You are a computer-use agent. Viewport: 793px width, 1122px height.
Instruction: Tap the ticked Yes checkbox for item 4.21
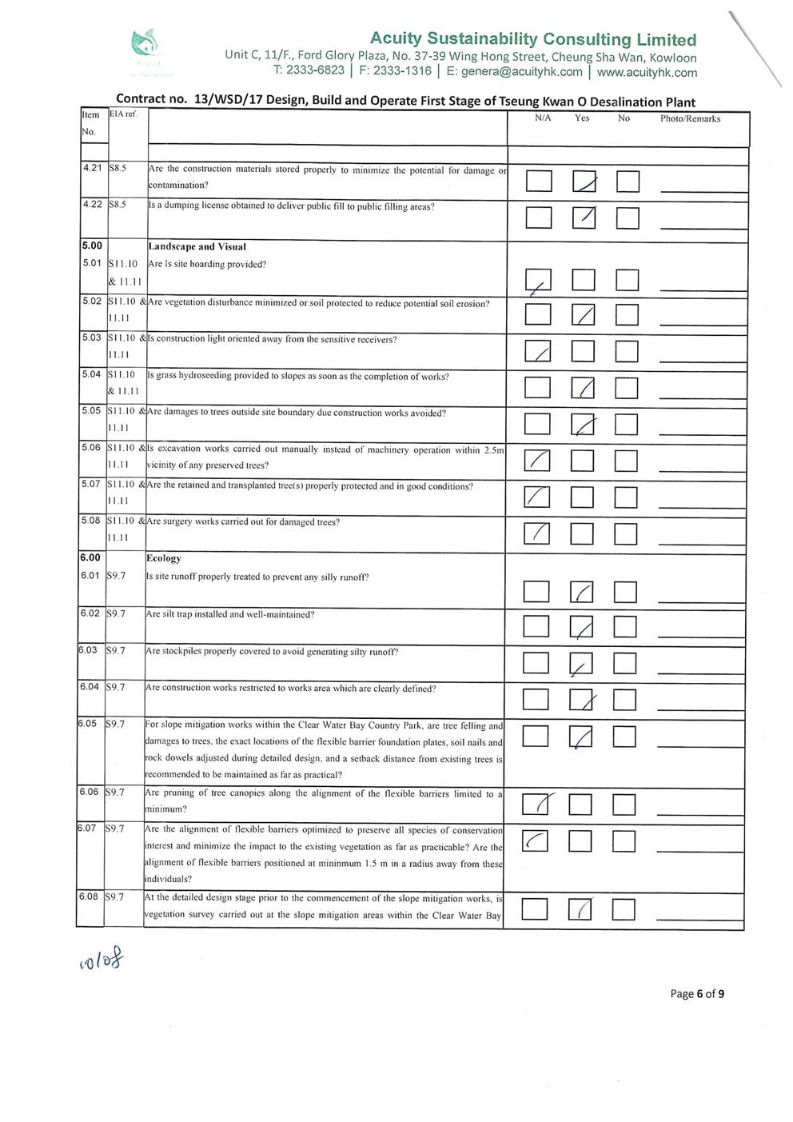[x=584, y=182]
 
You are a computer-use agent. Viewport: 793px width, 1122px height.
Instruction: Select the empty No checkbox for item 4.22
[x=628, y=218]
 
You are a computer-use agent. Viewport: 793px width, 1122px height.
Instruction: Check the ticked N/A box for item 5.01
[x=539, y=281]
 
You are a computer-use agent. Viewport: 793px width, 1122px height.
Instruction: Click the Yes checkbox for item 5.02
[x=584, y=315]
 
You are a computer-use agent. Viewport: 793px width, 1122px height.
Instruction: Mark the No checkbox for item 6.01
[x=625, y=592]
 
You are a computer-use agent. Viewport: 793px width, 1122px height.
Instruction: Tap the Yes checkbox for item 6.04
[x=581, y=700]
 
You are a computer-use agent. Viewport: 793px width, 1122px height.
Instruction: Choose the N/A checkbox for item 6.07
[x=534, y=841]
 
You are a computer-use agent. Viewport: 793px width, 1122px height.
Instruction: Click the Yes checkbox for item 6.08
[x=580, y=909]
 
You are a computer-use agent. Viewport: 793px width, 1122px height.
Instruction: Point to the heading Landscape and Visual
[x=197, y=247]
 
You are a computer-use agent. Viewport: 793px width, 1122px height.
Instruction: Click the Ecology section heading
[x=163, y=558]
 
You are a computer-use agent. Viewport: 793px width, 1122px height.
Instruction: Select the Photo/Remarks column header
[x=690, y=119]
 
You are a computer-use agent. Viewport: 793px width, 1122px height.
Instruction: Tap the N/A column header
[x=543, y=118]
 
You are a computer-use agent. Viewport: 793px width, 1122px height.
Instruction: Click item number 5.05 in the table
[x=91, y=411]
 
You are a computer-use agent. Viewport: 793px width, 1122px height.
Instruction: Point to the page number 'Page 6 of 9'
[x=697, y=994]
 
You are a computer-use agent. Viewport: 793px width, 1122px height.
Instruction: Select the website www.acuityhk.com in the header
[x=647, y=72]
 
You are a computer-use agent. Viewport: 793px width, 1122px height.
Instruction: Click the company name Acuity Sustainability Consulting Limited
[x=533, y=39]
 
